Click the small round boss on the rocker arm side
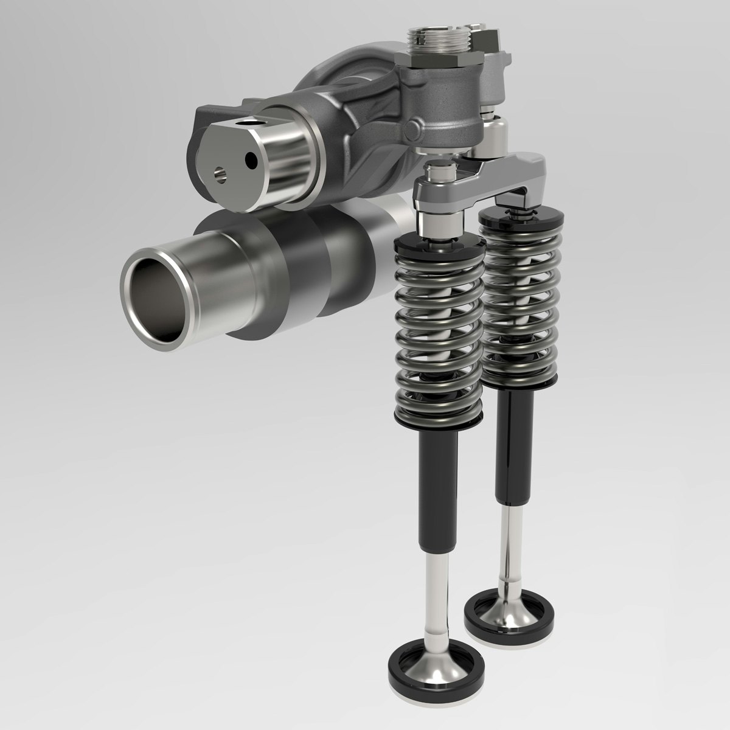click(x=416, y=127)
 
